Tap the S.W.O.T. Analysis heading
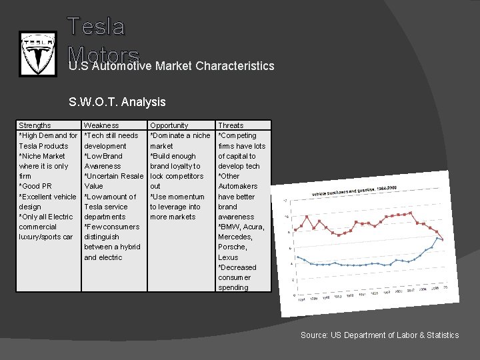point(117,102)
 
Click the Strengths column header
point(35,125)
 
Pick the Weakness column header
point(101,125)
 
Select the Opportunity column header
point(169,125)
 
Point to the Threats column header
point(231,125)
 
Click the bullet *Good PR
point(35,186)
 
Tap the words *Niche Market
point(42,156)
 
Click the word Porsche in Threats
point(233,247)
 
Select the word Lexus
point(228,257)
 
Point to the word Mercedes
point(235,237)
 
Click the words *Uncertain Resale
point(114,176)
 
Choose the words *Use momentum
point(177,197)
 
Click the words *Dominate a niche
point(180,135)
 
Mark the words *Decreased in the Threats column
point(237,267)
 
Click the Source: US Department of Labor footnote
point(379,335)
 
